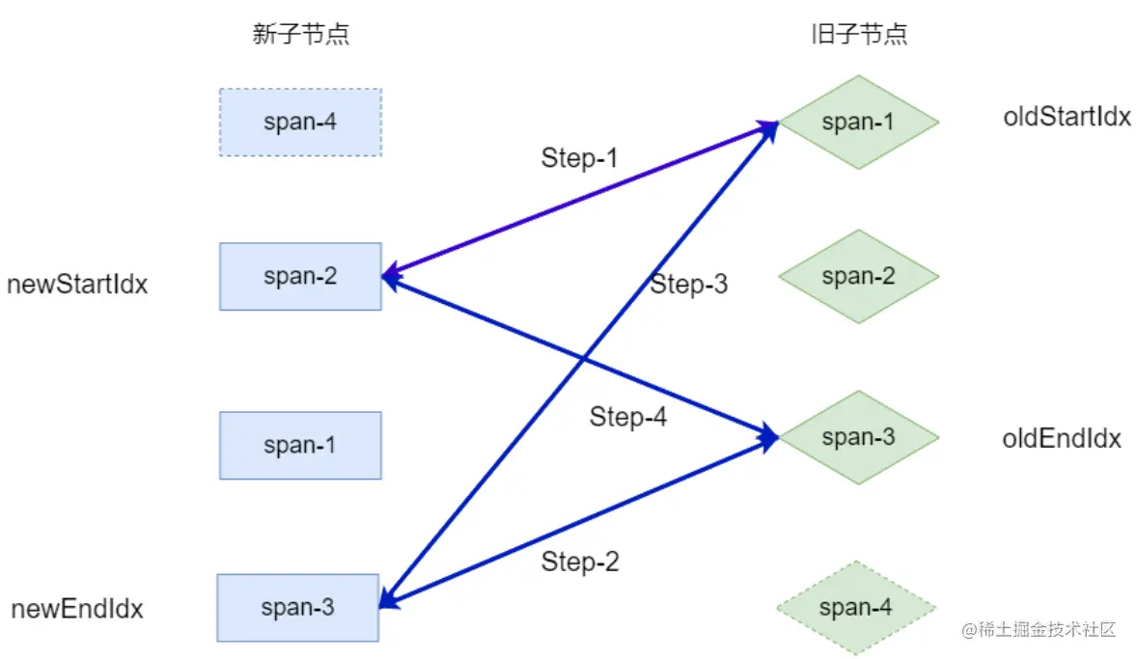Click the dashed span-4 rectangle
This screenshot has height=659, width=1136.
point(300,123)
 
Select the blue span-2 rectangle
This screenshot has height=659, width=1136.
point(300,277)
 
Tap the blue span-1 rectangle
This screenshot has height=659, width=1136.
point(300,446)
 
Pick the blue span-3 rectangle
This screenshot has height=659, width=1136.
point(297,608)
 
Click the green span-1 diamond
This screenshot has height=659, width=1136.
point(858,123)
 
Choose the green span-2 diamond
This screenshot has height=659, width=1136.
point(858,277)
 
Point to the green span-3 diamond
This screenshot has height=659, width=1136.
point(858,437)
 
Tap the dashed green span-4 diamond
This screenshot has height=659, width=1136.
point(856,608)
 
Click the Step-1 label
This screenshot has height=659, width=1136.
point(579,158)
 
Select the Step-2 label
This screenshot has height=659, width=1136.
point(580,562)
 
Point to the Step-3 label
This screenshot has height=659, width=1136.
point(688,285)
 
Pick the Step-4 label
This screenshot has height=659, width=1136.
point(628,418)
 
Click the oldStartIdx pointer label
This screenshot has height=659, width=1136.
point(1067,118)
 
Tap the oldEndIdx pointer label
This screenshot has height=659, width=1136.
point(1062,439)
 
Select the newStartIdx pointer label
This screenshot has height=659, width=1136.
point(77,285)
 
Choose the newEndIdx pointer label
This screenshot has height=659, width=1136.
point(77,610)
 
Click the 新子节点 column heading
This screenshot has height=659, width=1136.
point(300,36)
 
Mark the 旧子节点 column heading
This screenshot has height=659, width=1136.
point(858,36)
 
